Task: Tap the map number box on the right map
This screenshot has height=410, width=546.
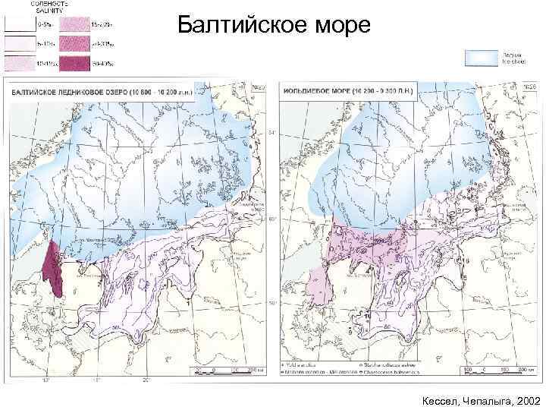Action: [530, 88]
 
